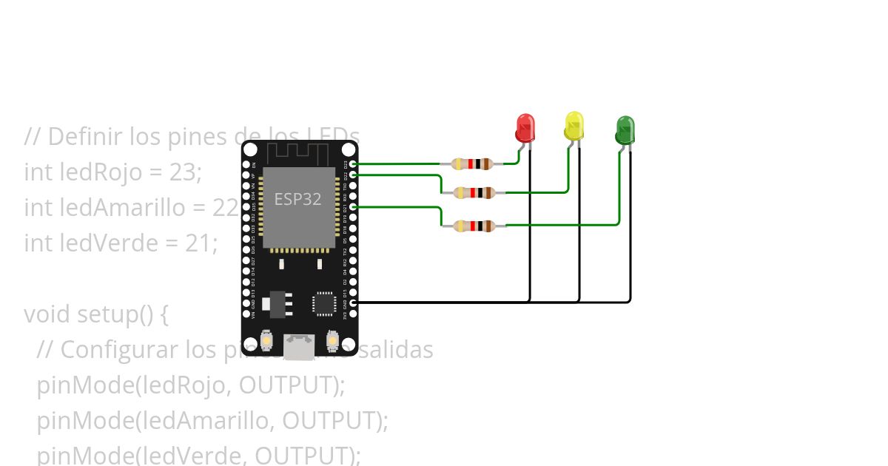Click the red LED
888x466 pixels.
pos(525,128)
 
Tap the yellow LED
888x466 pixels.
pos(574,126)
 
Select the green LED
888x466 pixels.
pos(625,130)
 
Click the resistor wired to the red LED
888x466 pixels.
pos(471,163)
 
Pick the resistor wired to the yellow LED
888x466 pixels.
pos(474,193)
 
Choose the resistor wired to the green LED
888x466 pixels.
pos(474,226)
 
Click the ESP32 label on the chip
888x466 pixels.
pos(297,199)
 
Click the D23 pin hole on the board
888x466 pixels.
pos(353,163)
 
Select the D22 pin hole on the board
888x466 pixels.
pos(353,174)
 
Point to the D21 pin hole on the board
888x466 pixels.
pos(353,207)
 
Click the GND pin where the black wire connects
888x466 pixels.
pos(353,303)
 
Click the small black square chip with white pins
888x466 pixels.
pos(323,303)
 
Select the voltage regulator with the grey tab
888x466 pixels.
pos(279,302)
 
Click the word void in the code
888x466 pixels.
pos(48,314)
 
